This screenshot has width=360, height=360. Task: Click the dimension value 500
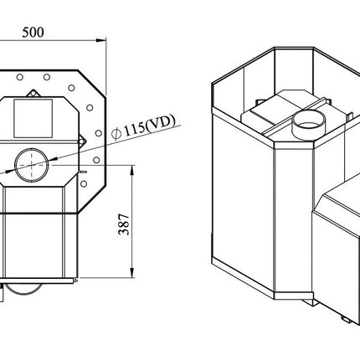tap(33, 33)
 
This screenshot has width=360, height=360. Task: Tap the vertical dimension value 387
tap(124, 224)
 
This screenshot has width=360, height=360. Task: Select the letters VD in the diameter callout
tap(162, 124)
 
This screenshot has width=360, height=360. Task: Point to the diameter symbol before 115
tap(116, 133)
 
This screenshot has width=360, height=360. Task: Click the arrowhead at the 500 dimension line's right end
tap(101, 40)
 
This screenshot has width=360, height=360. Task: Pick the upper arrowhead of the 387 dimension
tap(132, 171)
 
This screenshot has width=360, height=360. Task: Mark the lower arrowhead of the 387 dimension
tap(132, 273)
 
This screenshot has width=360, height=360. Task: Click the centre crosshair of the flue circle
tap(32, 165)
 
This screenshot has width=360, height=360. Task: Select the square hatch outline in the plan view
tap(33, 118)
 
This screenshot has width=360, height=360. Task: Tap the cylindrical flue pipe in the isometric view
tap(309, 125)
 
